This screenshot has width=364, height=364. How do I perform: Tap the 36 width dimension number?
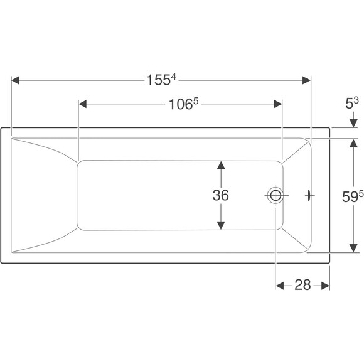coord(220,195)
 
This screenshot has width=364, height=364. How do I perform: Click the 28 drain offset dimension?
coord(302,285)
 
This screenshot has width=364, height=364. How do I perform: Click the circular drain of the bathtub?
coord(276,195)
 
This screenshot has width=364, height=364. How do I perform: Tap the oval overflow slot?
coord(309,195)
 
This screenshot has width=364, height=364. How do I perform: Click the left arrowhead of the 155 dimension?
coord(15,80)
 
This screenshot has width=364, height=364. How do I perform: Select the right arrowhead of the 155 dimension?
coord(306,80)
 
